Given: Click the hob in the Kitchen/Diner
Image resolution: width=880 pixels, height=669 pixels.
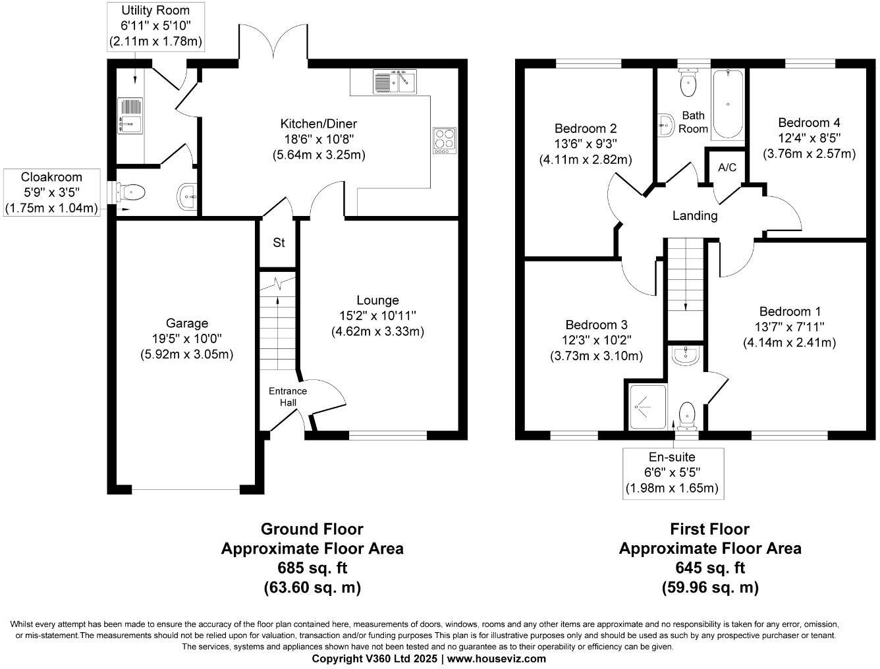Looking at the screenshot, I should click(445, 140).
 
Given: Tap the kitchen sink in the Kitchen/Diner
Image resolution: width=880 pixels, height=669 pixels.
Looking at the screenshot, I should click(395, 82).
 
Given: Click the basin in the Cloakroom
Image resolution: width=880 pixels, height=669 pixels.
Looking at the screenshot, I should click(188, 196).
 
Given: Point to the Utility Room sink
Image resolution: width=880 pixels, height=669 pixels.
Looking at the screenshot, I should click(130, 115).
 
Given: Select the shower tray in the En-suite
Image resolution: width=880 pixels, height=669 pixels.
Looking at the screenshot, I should click(648, 406).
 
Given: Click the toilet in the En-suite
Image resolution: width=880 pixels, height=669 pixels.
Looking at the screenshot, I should click(687, 414).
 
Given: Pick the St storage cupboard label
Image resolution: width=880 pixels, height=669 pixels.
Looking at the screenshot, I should click(279, 243).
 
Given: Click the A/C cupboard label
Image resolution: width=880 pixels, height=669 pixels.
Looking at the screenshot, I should click(727, 168).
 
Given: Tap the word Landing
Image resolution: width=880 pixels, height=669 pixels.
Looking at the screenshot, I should click(694, 215).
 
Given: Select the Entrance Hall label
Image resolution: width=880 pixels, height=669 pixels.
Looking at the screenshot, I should click(288, 396).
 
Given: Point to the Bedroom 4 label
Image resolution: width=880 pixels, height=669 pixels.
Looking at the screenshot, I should click(809, 122).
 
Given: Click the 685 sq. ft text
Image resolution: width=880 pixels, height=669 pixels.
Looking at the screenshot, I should click(312, 568).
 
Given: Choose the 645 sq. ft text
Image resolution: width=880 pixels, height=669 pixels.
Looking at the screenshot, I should click(709, 568).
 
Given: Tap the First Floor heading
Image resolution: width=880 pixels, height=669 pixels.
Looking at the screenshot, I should click(709, 529).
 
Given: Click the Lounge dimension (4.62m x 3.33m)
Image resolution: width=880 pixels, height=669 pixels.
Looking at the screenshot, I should click(377, 331).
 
